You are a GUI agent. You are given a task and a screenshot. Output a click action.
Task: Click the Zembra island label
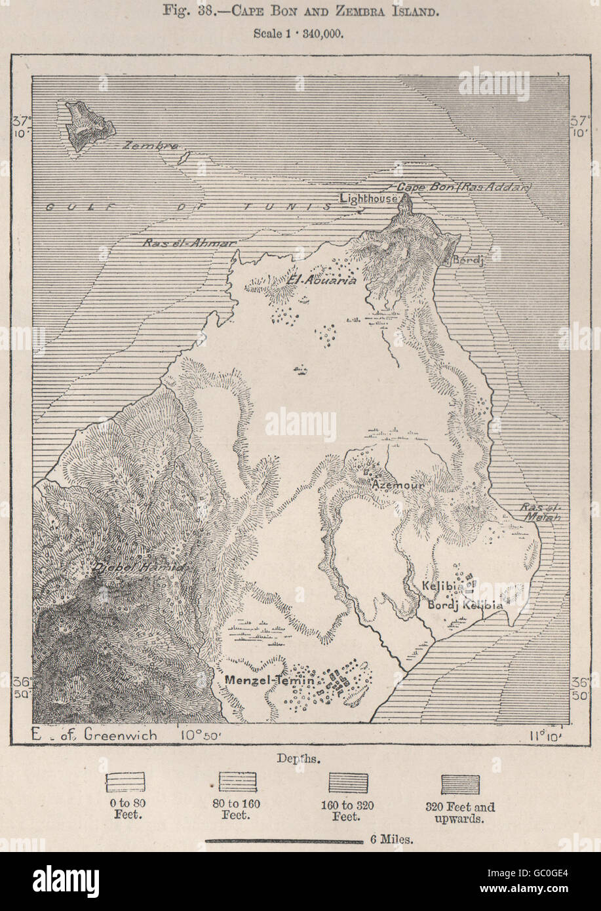(x=150, y=147)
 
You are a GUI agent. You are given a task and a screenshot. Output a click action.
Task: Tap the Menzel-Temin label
(x=269, y=680)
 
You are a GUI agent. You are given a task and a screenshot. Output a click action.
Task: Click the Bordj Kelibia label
(x=465, y=605)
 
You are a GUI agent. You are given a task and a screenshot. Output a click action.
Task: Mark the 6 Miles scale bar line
(x=284, y=839)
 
